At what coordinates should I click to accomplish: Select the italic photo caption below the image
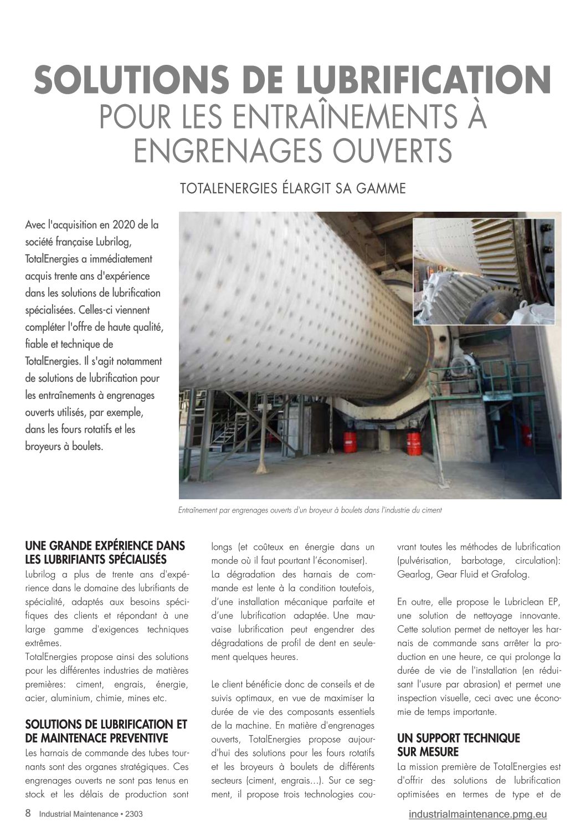tap(310, 510)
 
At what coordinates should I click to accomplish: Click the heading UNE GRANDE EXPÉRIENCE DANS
tap(105, 546)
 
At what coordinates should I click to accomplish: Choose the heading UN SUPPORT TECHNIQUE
tap(459, 738)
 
